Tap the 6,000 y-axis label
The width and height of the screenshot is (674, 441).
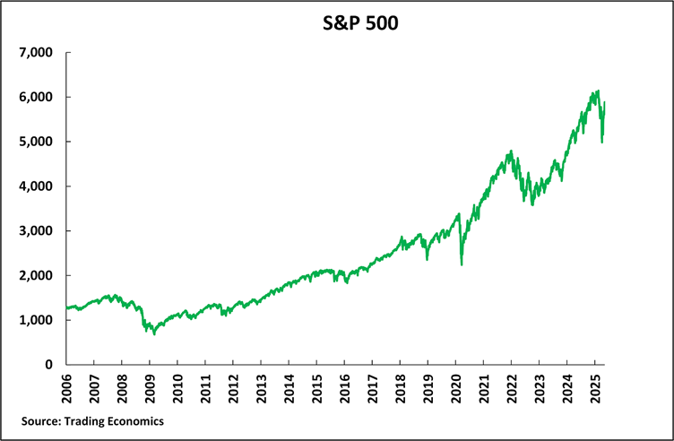click(x=36, y=98)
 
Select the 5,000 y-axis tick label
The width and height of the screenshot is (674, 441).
click(x=36, y=142)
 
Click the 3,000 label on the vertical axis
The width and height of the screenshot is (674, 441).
click(x=36, y=231)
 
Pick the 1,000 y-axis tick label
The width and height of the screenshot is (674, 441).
click(x=36, y=320)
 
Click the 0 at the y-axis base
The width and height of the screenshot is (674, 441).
click(x=49, y=365)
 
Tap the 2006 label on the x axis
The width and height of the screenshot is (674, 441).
click(x=67, y=388)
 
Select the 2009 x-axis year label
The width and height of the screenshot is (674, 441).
click(x=150, y=388)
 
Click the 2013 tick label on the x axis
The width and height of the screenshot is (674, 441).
click(x=261, y=388)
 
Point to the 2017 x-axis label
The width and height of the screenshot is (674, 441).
click(x=372, y=388)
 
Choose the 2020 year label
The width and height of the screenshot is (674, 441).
click(x=455, y=388)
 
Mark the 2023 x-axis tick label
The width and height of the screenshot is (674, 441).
click(x=539, y=388)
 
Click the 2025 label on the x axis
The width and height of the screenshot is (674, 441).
click(x=594, y=388)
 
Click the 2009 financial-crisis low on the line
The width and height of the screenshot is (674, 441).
click(x=154, y=333)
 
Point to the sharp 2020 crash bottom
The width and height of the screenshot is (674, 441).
click(x=461, y=264)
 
